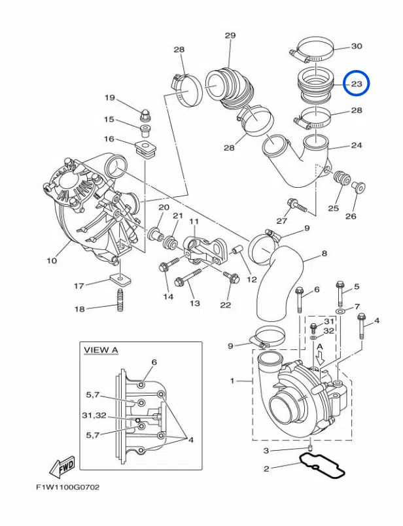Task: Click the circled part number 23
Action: pyautogui.click(x=357, y=84)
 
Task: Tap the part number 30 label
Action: pyautogui.click(x=357, y=46)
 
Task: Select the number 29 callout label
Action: pyautogui.click(x=230, y=35)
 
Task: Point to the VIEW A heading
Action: pyautogui.click(x=101, y=350)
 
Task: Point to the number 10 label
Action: pyautogui.click(x=52, y=261)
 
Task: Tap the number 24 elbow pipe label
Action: pyautogui.click(x=357, y=145)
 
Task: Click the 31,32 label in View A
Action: pyautogui.click(x=94, y=415)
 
